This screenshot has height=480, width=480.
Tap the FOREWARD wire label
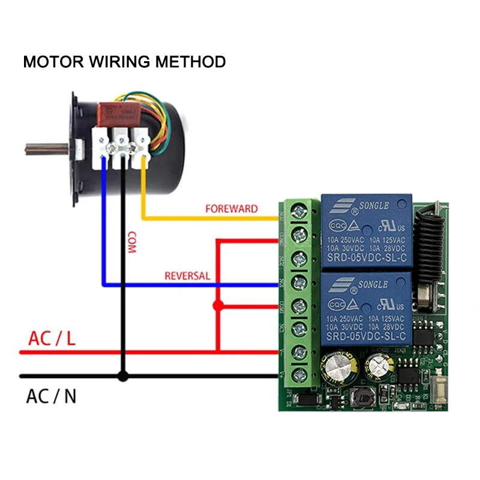[x=231, y=209]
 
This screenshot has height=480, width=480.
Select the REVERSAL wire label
[x=187, y=276]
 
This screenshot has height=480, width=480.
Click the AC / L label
[x=52, y=339]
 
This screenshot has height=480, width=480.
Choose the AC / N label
[x=51, y=397]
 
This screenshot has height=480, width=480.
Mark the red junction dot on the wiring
[x=218, y=306]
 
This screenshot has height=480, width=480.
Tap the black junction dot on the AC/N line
[x=123, y=377]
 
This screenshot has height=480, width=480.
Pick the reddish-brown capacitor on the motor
[x=119, y=112]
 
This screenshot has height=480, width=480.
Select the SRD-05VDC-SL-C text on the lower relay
[x=366, y=337]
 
